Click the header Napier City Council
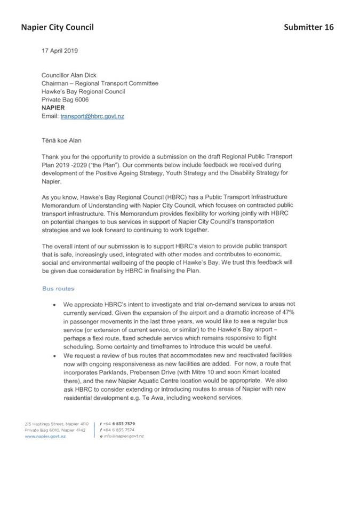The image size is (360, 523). pyautogui.click(x=58, y=27)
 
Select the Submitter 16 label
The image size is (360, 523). pyautogui.click(x=309, y=27)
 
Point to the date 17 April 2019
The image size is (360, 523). pyautogui.click(x=60, y=51)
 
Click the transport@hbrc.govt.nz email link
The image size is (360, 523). pyautogui.click(x=92, y=116)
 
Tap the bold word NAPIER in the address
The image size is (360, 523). pyautogui.click(x=53, y=108)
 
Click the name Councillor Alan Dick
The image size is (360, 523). pyautogui.click(x=69, y=75)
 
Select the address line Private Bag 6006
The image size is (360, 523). pyautogui.click(x=65, y=99)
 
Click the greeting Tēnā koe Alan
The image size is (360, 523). pyautogui.click(x=61, y=140)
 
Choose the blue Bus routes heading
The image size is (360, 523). pyautogui.click(x=58, y=289)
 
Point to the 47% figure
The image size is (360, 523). pyautogui.click(x=288, y=313)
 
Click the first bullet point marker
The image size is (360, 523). pyautogui.click(x=54, y=305)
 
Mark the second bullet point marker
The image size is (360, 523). pyautogui.click(x=54, y=356)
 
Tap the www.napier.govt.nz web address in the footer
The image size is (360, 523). pyautogui.click(x=45, y=437)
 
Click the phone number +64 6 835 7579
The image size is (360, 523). pyautogui.click(x=119, y=424)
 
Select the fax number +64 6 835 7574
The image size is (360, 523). pyautogui.click(x=118, y=430)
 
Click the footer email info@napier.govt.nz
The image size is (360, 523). pyautogui.click(x=124, y=437)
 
